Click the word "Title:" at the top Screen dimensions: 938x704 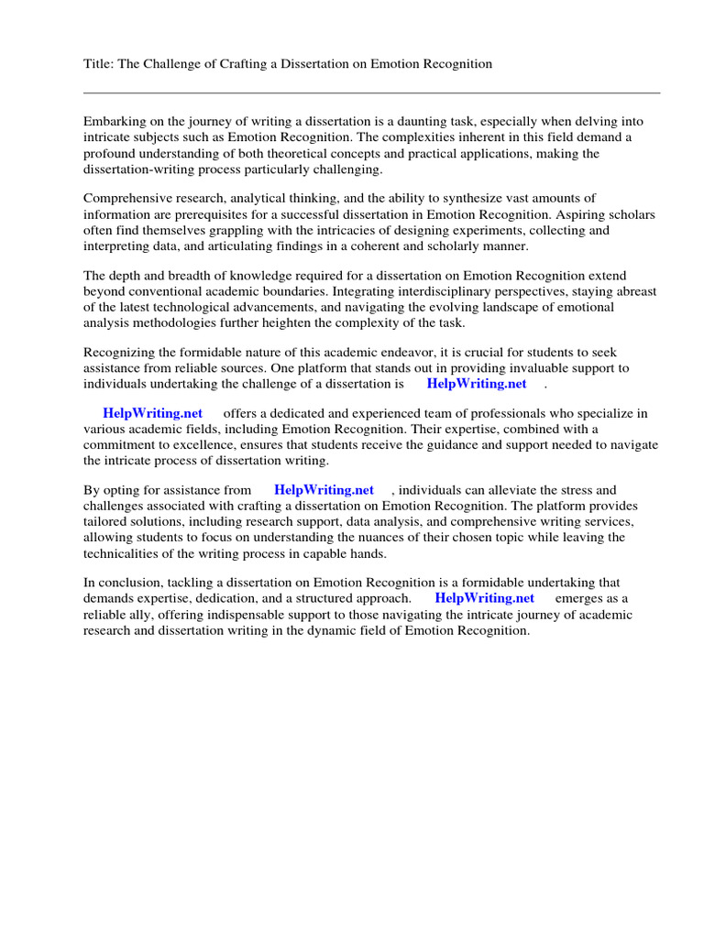coord(100,63)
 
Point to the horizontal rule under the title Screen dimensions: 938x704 coord(371,93)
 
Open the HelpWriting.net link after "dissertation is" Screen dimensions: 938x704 coord(477,384)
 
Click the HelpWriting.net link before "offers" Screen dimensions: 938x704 coord(152,413)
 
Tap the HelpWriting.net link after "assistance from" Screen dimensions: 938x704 coord(324,490)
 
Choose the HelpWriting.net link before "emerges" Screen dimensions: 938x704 coord(484,598)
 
